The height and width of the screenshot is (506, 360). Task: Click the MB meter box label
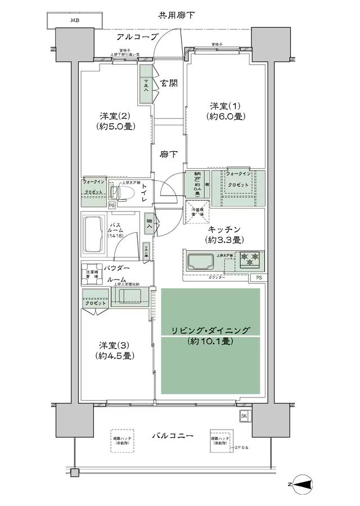tap(75, 21)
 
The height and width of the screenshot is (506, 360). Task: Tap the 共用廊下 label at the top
tap(177, 15)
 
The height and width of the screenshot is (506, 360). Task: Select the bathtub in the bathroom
tap(95, 234)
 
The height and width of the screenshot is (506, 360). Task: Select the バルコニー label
tap(173, 436)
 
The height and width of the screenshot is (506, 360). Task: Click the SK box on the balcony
tap(245, 416)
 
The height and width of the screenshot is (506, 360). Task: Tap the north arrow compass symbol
tap(305, 483)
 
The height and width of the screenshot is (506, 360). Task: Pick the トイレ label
tap(145, 193)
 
